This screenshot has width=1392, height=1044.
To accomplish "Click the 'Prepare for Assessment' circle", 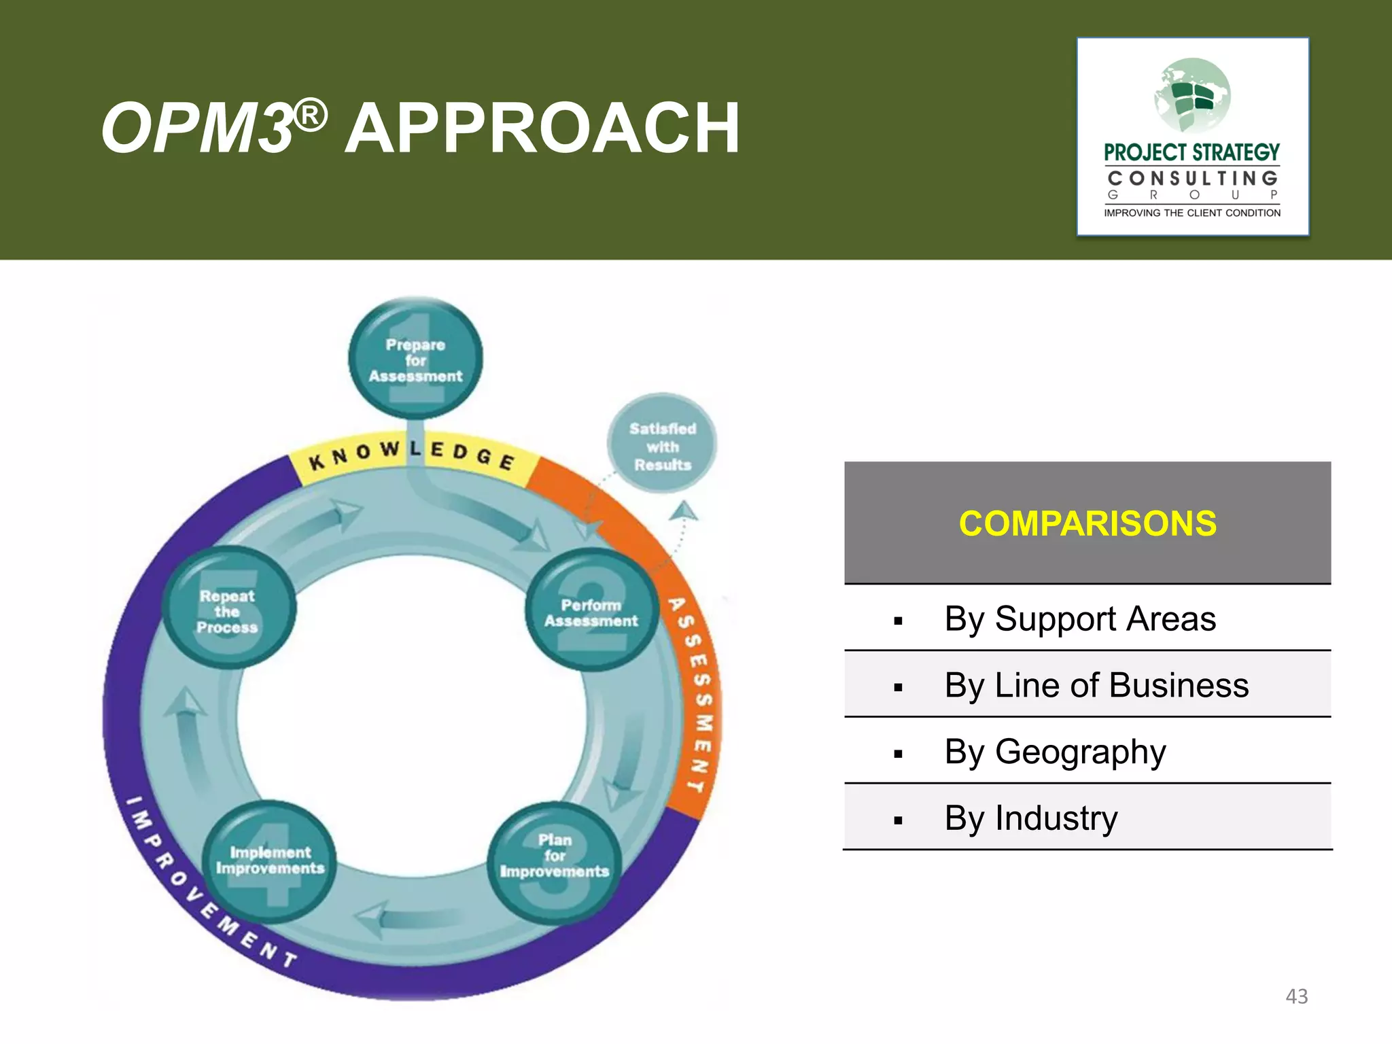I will point(415,360).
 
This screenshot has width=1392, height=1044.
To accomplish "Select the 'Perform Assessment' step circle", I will point(591,612).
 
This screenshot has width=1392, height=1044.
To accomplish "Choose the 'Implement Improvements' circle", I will point(270,860).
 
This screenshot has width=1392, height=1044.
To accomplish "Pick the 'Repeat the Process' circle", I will point(228,610).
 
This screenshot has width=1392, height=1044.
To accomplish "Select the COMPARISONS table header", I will point(1087,523).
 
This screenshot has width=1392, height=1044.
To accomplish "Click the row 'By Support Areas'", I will point(1087,619).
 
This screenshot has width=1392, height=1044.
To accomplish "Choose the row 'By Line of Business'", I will point(1087,685).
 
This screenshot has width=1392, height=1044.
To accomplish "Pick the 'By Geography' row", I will point(1087,752).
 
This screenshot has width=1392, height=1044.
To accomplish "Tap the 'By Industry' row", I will point(1087,818).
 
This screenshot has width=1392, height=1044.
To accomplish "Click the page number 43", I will point(1296,996).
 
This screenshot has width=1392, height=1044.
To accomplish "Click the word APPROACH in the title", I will point(542,128).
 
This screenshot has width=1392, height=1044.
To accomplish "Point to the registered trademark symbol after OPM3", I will point(311,116).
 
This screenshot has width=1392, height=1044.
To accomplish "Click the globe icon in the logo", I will point(1192,96).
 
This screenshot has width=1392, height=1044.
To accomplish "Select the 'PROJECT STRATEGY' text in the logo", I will point(1191,152).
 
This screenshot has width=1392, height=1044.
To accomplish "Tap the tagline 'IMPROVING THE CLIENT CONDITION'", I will point(1191,213).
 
